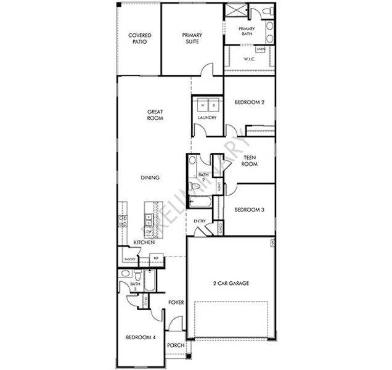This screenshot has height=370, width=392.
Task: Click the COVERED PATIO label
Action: pyautogui.click(x=140, y=39)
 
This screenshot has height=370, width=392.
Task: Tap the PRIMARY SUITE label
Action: pyautogui.click(x=192, y=39)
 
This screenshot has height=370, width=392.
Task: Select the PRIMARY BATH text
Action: pyautogui.click(x=247, y=31)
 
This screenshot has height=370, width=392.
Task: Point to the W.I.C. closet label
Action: pyautogui.click(x=249, y=60)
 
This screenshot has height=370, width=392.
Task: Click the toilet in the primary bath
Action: pyautogui.click(x=263, y=12)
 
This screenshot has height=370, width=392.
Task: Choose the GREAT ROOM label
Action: pyautogui.click(x=155, y=115)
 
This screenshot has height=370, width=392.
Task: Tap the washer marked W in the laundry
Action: pyautogui.click(x=201, y=105)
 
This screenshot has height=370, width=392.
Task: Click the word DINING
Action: pyautogui.click(x=150, y=178)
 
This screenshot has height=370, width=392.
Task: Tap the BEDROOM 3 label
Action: pyautogui.click(x=250, y=210)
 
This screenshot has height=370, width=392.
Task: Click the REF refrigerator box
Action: pyautogui.click(x=157, y=259)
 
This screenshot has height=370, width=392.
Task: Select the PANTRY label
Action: pyautogui.click(x=130, y=260)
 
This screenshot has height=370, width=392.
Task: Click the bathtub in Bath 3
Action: pyautogui.click(x=148, y=281)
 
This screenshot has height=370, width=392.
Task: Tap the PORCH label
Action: pyautogui.click(x=176, y=345)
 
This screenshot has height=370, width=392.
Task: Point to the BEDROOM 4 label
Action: pyautogui.click(x=141, y=337)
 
